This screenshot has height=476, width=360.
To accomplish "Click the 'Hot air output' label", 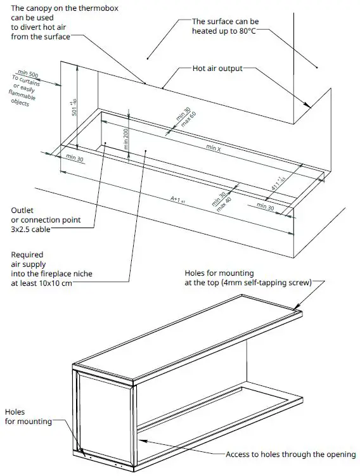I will (x=217, y=68).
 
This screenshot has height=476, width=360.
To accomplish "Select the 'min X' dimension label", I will (x=214, y=148).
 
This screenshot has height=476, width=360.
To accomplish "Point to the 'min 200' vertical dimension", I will (x=127, y=138).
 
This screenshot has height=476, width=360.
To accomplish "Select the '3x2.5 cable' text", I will (x=30, y=229).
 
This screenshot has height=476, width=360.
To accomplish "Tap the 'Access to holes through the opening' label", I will (x=291, y=454).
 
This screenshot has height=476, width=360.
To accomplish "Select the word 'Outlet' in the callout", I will (x=22, y=210).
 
